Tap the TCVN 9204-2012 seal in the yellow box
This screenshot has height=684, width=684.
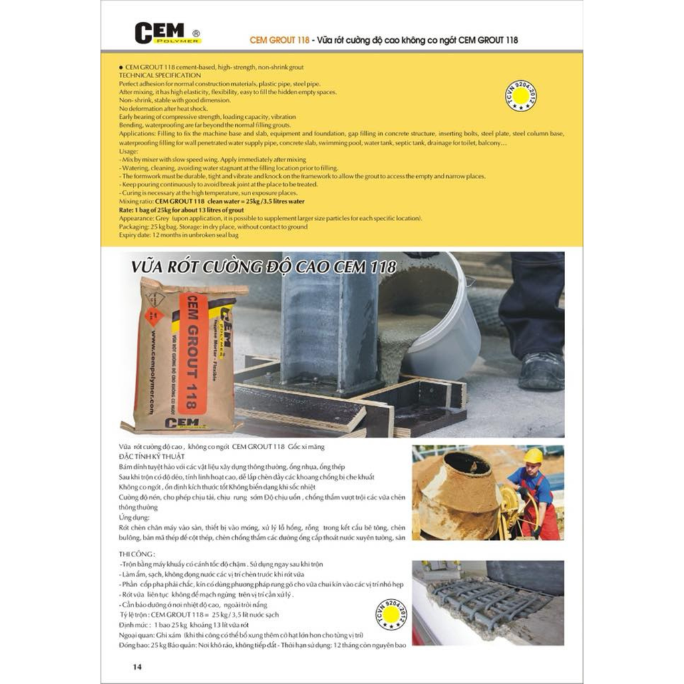(x=521, y=96)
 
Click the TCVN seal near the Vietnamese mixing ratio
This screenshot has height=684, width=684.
(x=392, y=615)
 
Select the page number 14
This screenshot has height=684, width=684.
(x=137, y=667)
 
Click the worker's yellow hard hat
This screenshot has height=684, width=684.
(x=533, y=456)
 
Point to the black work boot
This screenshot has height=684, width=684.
(x=540, y=371)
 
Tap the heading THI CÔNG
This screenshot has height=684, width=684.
(x=136, y=554)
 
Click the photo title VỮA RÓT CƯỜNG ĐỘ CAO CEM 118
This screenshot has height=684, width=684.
(x=264, y=268)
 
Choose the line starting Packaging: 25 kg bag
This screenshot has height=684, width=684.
(x=213, y=227)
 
